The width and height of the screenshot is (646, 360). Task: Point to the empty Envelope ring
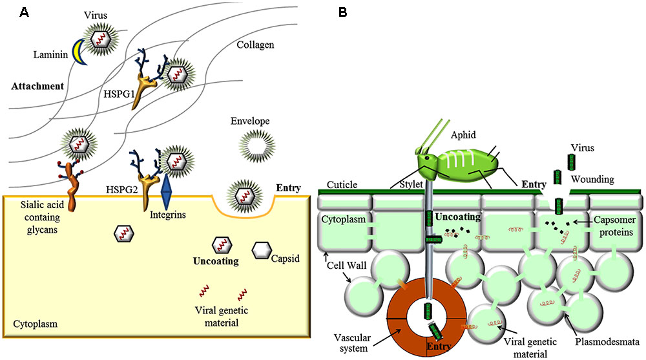pos(253,145)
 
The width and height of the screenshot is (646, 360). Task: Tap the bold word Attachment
pos(37,86)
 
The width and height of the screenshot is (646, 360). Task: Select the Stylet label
pos(405,184)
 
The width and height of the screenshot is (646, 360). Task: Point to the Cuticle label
pos(342,184)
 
